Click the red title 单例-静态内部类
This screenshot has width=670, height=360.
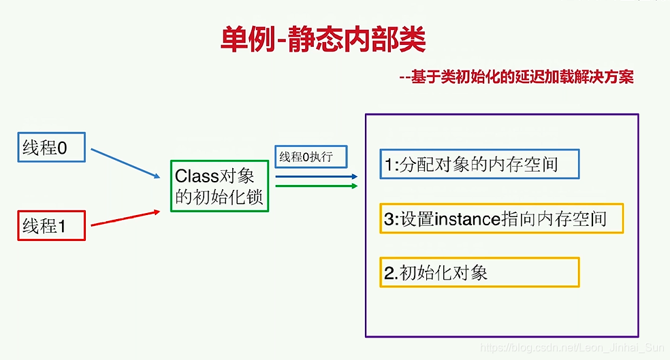pos(323,39)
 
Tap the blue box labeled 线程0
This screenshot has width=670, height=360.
pos(51,147)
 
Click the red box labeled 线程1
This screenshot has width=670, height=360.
pos(51,225)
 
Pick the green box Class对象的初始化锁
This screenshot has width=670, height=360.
pos(220,186)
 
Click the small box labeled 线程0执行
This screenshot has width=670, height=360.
pos(310,157)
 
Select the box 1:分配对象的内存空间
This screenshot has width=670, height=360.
pos(479,164)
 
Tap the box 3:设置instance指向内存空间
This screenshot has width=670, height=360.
pos(502,218)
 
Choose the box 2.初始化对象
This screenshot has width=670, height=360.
pos(479,272)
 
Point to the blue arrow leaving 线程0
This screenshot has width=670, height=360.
pos(125,163)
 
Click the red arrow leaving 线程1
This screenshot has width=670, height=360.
pos(125,218)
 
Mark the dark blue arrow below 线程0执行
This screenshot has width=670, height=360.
pos(317,176)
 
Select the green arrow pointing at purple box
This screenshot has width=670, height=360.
pos(317,186)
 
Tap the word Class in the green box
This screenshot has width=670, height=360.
pos(197,176)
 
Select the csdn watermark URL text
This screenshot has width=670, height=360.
pos(572,348)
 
